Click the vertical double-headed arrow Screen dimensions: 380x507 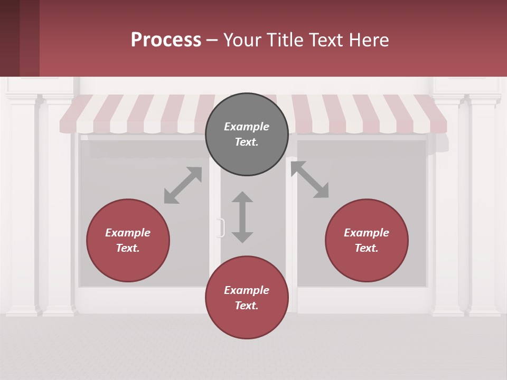tap(242, 217)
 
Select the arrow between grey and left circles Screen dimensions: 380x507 tap(183, 185)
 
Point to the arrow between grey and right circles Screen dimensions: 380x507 tap(309, 179)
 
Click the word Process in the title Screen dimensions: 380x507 tap(166, 40)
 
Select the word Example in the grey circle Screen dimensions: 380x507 tap(247, 127)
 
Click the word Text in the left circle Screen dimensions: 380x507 tap(128, 248)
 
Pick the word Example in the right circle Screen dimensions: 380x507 tap(367, 233)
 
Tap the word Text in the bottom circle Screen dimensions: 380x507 tap(247, 306)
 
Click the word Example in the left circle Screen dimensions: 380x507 tap(128, 233)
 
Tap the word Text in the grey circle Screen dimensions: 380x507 tap(247, 142)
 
